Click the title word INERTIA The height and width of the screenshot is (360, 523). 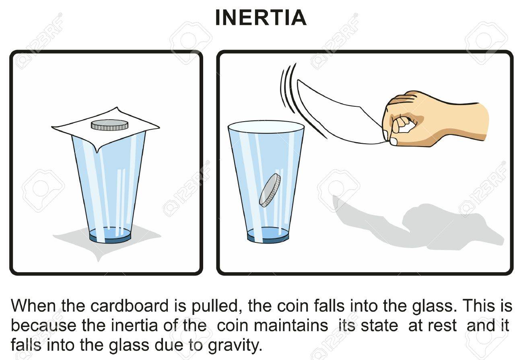tap(261, 18)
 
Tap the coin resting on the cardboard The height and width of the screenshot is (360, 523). tap(109, 125)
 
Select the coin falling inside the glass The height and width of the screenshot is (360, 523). tap(270, 190)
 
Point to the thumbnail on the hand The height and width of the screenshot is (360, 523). tap(393, 141)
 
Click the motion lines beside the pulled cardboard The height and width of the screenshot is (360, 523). tap(288, 87)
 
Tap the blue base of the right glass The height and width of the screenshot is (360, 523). tap(268, 235)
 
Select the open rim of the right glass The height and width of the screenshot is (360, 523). tap(266, 126)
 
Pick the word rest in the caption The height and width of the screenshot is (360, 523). tap(443, 325)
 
